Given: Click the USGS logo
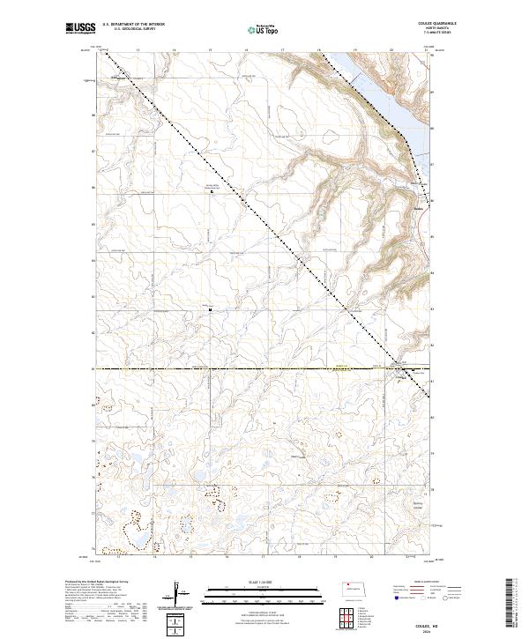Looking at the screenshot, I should pyautogui.click(x=81, y=29).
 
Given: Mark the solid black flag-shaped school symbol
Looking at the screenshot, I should pyautogui.click(x=210, y=310).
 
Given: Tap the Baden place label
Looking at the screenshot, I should pyautogui.click(x=420, y=208).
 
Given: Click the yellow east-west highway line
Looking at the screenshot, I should pyautogui.click(x=264, y=369).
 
